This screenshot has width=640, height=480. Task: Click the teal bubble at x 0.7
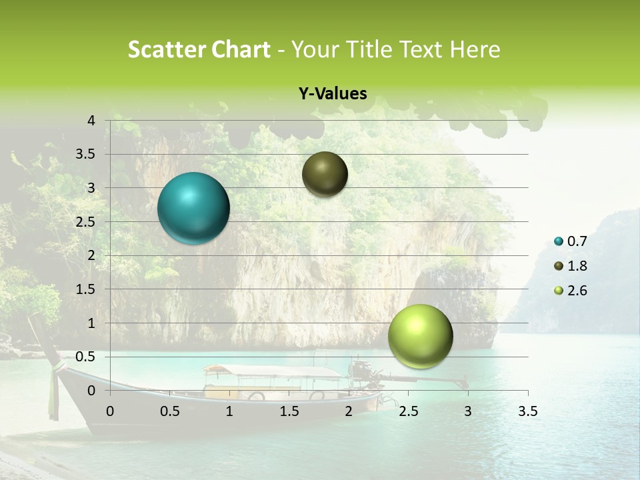(x=193, y=208)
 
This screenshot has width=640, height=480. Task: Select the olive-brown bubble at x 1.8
(x=325, y=174)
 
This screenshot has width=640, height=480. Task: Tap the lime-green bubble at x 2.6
(x=420, y=336)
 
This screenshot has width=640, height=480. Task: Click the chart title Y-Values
(x=333, y=94)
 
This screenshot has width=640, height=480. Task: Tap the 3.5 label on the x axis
(x=527, y=411)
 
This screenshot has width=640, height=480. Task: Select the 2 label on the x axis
(x=348, y=411)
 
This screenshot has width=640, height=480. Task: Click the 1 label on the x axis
(x=229, y=411)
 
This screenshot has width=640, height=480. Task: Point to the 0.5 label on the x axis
(x=169, y=411)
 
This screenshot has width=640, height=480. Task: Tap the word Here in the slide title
(x=475, y=49)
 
